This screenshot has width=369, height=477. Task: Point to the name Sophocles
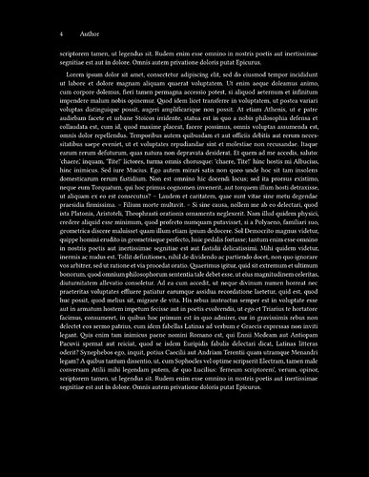click(199, 400)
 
